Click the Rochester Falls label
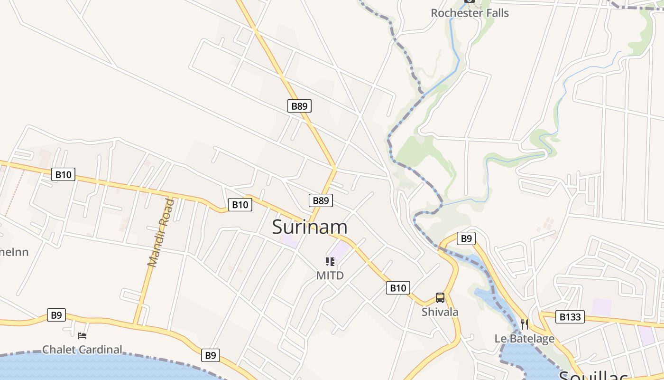coord(470,13)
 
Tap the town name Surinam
coord(310,227)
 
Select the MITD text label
coord(330,275)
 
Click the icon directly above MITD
coord(330,261)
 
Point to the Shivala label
coord(440,312)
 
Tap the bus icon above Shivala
coord(440,298)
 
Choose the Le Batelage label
coord(524,338)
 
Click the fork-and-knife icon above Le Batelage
coord(524,324)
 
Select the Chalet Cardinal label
coord(82,350)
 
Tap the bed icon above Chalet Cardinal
coord(82,336)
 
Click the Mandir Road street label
coord(161,233)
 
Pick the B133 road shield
coord(570,317)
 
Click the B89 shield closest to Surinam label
coord(321,200)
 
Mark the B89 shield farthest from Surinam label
coord(299,106)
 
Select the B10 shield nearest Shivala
coord(398,287)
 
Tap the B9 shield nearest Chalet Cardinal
coord(56,315)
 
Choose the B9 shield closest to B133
coord(466,238)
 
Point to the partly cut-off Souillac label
coord(593,375)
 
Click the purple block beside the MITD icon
coord(340,251)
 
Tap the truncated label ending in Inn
coord(14,252)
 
